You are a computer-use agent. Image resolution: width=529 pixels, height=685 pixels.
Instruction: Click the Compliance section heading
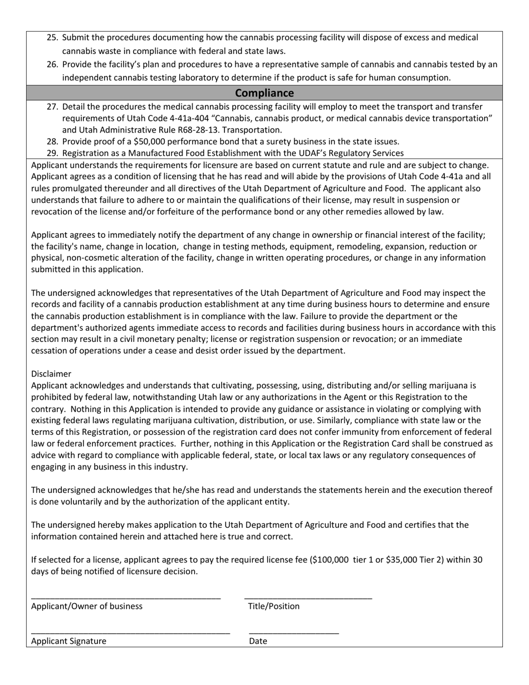[x=264, y=93]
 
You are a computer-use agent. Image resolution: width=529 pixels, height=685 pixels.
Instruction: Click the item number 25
[x=52, y=38]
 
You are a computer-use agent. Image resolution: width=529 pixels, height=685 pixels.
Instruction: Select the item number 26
[x=52, y=65]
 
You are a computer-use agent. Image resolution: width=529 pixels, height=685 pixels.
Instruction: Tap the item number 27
[x=52, y=106]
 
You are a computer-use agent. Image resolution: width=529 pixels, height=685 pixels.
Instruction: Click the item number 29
[x=52, y=153]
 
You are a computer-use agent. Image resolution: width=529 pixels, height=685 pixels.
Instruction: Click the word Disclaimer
[x=51, y=374]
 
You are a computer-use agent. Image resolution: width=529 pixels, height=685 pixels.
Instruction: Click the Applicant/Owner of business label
[x=87, y=606]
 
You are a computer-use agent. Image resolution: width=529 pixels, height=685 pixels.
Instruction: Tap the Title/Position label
[x=273, y=606]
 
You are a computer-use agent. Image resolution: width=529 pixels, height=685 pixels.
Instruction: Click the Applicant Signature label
[x=68, y=641]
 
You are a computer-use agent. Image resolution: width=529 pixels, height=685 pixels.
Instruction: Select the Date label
[x=258, y=641]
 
